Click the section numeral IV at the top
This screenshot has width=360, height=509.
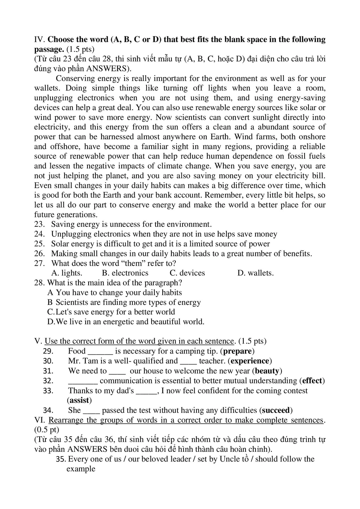39,40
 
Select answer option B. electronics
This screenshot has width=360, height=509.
125,273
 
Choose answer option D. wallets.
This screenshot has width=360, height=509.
255,273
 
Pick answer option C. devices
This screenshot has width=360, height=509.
187,273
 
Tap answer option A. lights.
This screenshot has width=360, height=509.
67,273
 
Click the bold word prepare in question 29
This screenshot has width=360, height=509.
237,351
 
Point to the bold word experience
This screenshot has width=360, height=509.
250,361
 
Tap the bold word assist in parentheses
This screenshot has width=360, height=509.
79,400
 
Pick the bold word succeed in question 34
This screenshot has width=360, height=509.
276,410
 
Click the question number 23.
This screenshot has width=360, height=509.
39,225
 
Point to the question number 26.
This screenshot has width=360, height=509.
39,254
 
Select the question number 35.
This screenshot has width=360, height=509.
61,459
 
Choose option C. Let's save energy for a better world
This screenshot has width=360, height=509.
111,312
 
